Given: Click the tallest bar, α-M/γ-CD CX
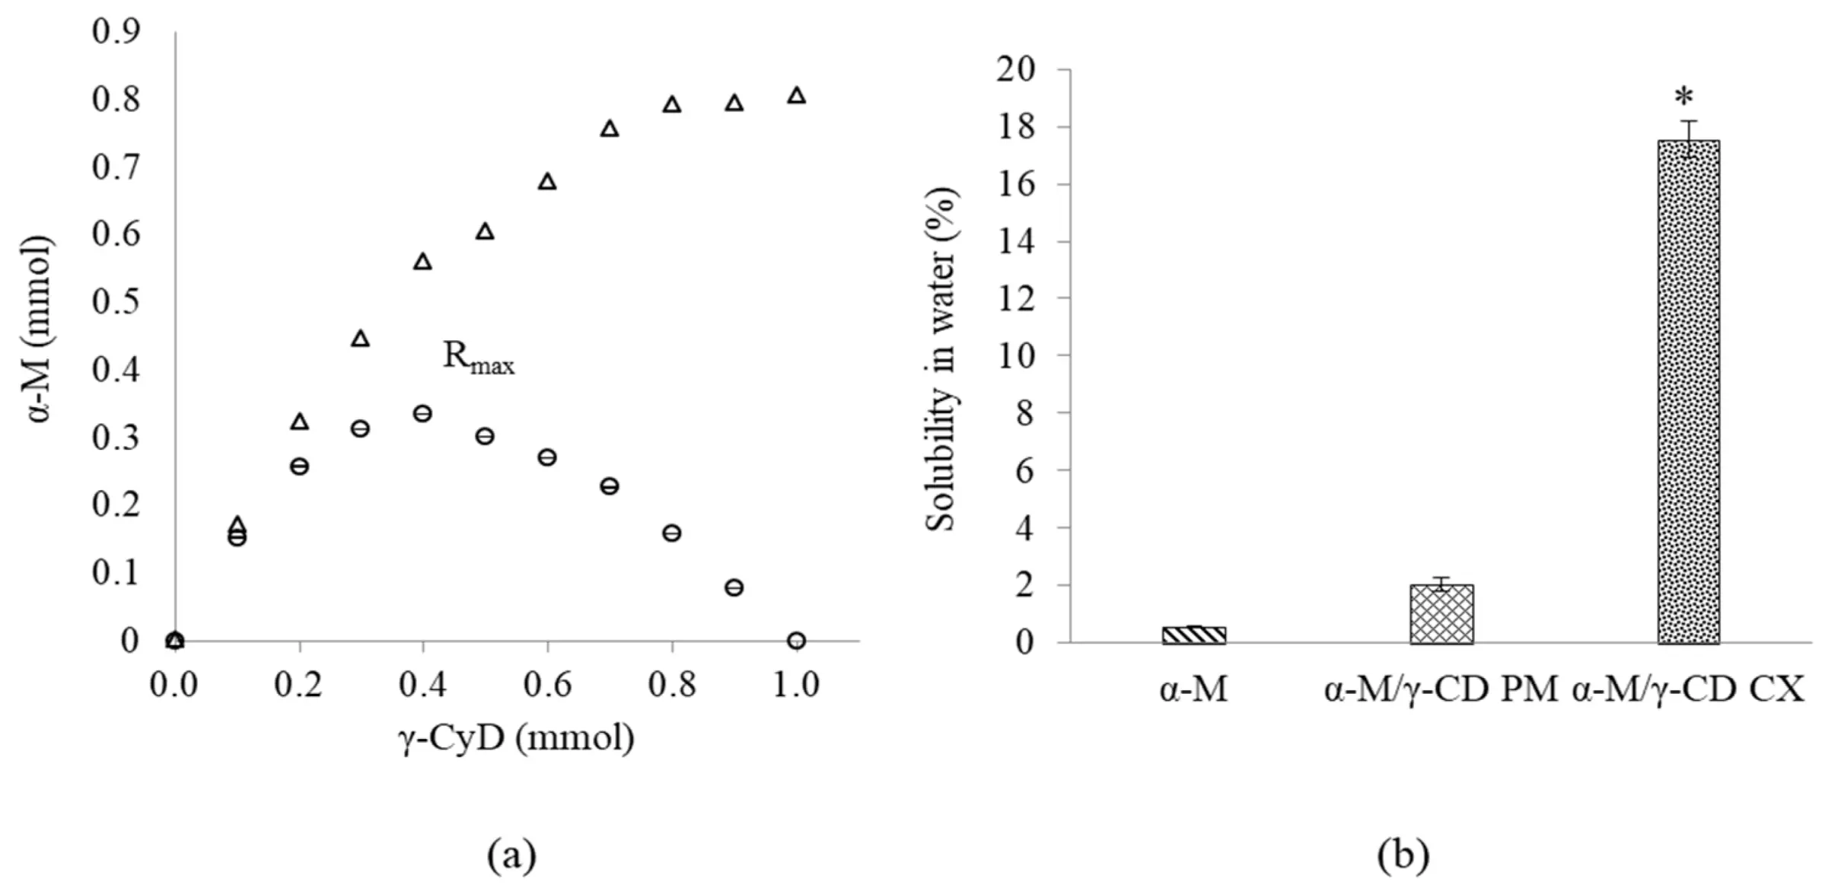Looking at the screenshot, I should [1688, 392].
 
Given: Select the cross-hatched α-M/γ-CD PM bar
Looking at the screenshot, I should [1441, 614].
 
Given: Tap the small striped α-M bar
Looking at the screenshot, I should [1193, 635].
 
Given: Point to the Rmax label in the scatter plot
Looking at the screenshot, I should [478, 357].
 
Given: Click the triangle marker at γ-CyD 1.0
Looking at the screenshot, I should [796, 95].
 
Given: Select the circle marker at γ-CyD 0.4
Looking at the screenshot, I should [422, 414].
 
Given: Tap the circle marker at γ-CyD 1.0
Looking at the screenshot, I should [796, 641].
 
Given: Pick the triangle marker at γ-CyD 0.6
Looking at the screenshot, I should [547, 182].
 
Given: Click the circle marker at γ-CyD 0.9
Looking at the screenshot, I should [734, 587].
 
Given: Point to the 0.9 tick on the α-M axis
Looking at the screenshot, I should [116, 32].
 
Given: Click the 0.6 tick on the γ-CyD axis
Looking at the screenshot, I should [547, 685].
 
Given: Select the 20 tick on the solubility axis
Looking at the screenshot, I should [1015, 70].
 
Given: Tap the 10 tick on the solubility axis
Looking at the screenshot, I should [1015, 355].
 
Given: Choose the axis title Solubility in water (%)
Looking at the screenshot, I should [941, 359].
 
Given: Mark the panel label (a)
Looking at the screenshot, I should [511, 855].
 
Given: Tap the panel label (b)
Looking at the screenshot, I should [1403, 855].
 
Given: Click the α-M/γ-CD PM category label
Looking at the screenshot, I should [1441, 690].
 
